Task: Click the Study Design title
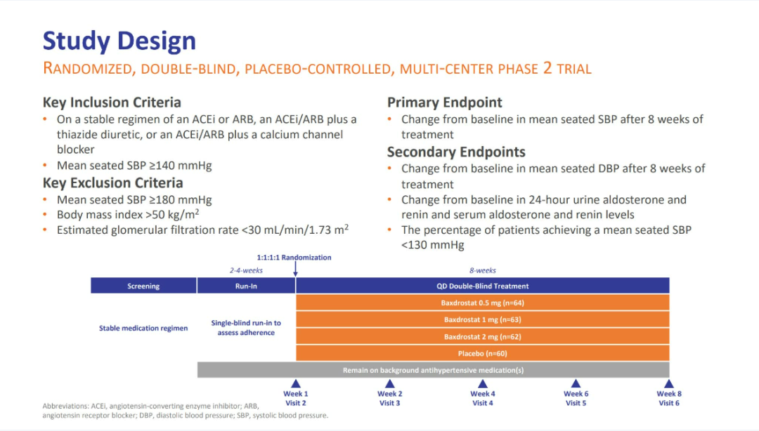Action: tap(119, 41)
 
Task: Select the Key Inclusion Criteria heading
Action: tap(112, 102)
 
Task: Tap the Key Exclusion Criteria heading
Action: tap(112, 183)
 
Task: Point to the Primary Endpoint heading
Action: tap(444, 102)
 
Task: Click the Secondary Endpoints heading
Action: tap(456, 152)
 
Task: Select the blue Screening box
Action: tap(143, 286)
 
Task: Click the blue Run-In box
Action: tap(246, 286)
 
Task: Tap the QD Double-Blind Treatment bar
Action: tap(483, 286)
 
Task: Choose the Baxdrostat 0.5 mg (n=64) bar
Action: tap(483, 303)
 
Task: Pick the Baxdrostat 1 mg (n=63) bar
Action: tap(483, 320)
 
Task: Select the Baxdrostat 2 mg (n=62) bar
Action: tap(483, 337)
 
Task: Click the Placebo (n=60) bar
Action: tap(483, 354)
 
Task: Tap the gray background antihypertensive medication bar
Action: tap(433, 370)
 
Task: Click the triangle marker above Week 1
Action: tap(296, 383)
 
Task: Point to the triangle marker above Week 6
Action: tap(576, 383)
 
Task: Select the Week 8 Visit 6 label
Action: tap(669, 399)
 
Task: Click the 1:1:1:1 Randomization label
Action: tap(294, 258)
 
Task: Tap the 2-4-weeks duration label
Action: tap(246, 270)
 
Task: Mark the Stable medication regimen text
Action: tap(143, 328)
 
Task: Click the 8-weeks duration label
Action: tap(483, 270)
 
